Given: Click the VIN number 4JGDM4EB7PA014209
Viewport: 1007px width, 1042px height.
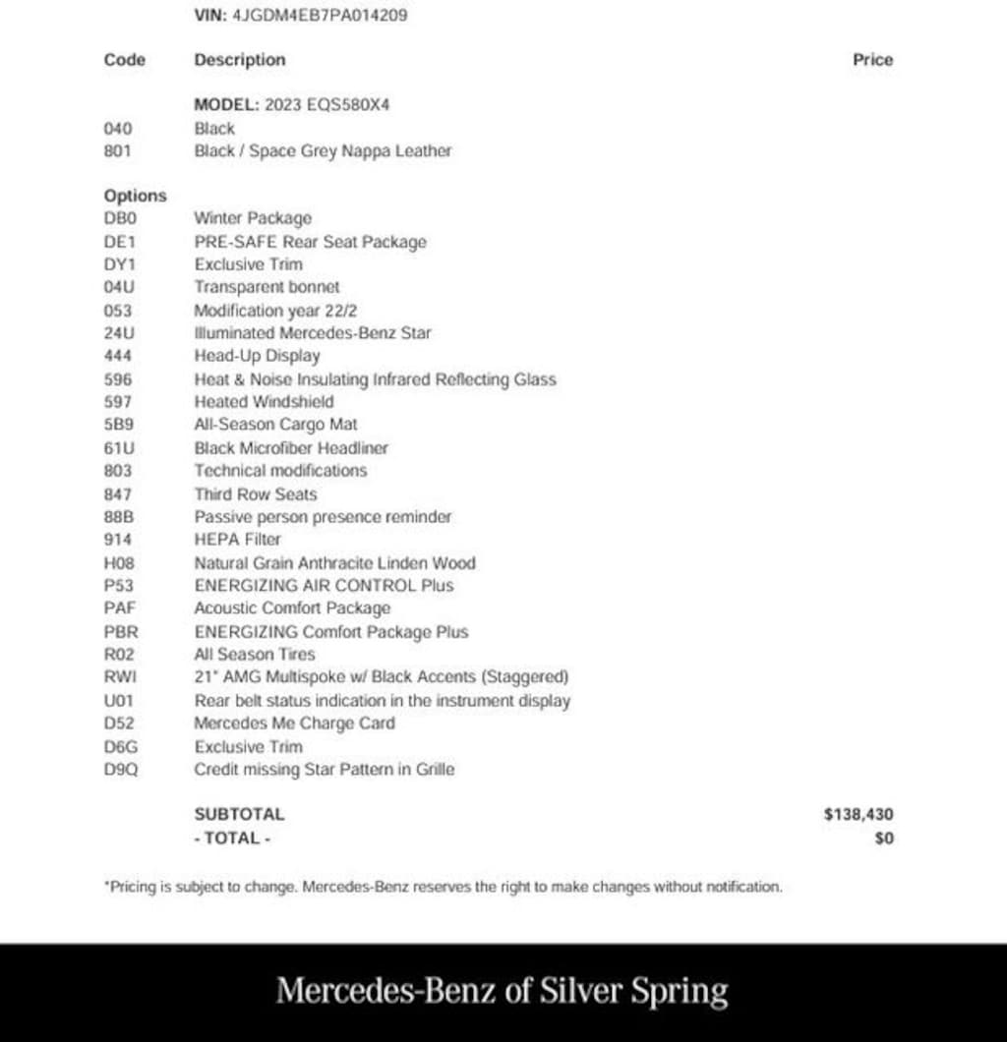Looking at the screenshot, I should pos(320,16).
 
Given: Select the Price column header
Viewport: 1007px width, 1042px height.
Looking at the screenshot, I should pos(872,60).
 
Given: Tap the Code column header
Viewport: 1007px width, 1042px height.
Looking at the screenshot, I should pos(124,60).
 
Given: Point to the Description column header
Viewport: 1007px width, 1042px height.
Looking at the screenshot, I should pos(240,60).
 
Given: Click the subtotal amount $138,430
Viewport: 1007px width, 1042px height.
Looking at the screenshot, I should pos(859,814).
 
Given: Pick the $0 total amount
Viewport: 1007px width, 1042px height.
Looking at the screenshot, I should pos(883,839).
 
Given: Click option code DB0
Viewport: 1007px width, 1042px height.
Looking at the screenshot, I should pos(119,218).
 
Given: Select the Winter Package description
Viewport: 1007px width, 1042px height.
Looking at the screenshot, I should pos(253,218).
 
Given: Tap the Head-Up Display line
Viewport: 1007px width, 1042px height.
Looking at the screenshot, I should pos(257,356).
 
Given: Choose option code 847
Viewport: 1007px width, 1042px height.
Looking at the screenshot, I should pos(117,494).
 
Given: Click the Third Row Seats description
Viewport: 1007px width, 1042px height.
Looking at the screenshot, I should pos(256,494).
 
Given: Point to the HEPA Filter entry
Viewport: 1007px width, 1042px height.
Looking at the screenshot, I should pos(237,540).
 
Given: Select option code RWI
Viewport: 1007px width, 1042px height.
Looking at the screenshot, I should pos(118,677).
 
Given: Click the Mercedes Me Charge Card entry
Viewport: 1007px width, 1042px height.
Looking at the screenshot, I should pos(294,724).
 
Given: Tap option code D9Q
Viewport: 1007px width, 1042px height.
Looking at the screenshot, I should pos(121,770).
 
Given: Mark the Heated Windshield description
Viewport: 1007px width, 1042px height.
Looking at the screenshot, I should pos(264,402).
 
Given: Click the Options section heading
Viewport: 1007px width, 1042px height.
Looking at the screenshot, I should pos(135,196).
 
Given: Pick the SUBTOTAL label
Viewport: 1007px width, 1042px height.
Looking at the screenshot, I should pos(239,814).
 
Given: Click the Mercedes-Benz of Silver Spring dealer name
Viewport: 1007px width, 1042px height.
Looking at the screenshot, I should pos(503,991).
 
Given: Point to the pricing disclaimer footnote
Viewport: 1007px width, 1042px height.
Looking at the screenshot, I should pos(443,887).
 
